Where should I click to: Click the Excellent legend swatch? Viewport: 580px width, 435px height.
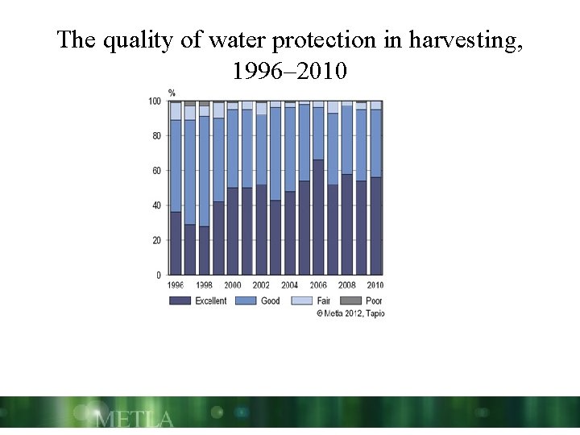click(180, 300)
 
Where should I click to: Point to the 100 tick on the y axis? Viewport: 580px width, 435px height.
click(154, 101)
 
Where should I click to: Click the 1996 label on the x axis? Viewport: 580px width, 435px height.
click(176, 285)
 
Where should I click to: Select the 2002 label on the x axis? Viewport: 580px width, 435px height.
click(261, 285)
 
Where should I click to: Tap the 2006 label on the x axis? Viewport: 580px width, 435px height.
click(318, 285)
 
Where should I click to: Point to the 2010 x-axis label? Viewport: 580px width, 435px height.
click(375, 285)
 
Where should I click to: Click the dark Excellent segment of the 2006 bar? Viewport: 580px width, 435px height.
click(318, 217)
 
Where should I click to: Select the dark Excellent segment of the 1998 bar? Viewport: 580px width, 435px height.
click(204, 251)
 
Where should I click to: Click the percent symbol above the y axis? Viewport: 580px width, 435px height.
click(172, 92)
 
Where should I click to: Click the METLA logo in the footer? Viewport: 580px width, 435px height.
click(134, 419)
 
